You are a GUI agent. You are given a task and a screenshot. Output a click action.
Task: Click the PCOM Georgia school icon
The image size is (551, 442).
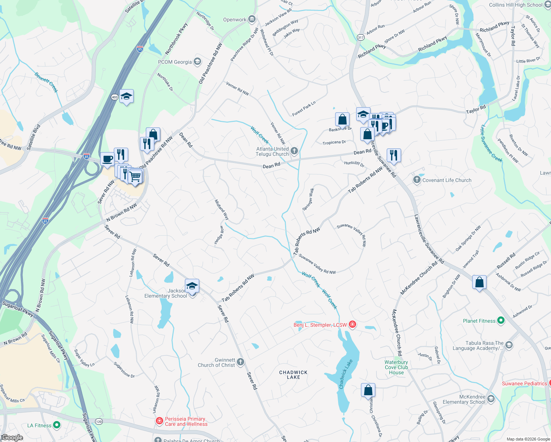click(x=197, y=62)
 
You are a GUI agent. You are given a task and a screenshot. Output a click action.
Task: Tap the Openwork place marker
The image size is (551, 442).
click(x=252, y=19)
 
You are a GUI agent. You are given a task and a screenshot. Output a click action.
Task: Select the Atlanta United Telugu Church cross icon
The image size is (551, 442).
click(x=294, y=151)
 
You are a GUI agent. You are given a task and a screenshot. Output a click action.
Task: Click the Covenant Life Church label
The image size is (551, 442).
click(x=447, y=180)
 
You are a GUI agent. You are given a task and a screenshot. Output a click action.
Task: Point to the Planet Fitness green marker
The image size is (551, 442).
click(x=501, y=320)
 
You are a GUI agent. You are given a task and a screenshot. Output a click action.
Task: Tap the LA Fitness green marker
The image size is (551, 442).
click(x=57, y=425)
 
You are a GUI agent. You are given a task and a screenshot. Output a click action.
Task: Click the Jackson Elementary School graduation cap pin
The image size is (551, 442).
click(x=192, y=286)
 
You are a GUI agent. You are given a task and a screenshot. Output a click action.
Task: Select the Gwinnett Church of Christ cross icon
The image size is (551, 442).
click(x=241, y=362)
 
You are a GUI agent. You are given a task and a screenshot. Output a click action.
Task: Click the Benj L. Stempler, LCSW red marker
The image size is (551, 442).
click(x=352, y=325)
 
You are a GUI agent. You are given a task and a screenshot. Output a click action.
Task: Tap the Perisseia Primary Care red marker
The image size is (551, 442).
click(x=159, y=421)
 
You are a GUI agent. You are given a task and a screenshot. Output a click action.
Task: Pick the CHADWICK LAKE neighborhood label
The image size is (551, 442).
click(x=293, y=375)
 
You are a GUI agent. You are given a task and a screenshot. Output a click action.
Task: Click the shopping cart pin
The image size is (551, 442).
click(x=136, y=177)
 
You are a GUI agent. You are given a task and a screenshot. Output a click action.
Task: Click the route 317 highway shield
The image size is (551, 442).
click(x=361, y=38)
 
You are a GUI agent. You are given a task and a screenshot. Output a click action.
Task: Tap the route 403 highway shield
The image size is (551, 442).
click(x=115, y=97)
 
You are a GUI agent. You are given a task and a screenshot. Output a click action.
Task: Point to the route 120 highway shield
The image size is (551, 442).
click(x=99, y=421)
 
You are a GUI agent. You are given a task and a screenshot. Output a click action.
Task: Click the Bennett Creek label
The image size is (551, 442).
click(x=46, y=82)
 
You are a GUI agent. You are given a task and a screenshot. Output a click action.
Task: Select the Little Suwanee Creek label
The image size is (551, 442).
click(x=491, y=143)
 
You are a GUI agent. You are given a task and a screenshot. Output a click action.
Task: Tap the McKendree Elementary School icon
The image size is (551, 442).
click(x=491, y=399)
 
